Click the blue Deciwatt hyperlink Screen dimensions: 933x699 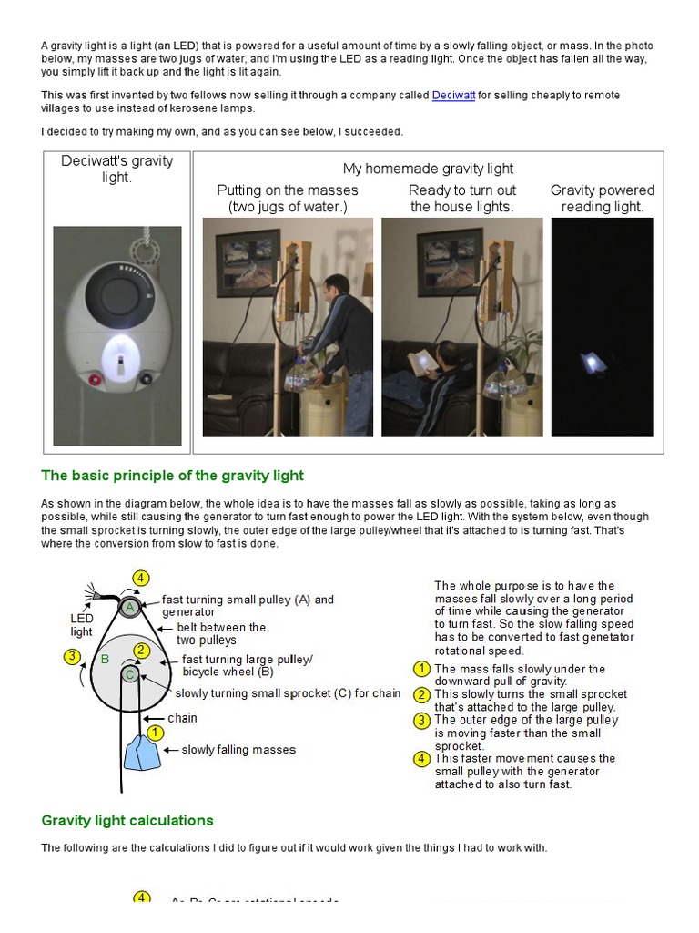453,96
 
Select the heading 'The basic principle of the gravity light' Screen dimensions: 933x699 172,476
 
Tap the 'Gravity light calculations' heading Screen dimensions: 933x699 127,820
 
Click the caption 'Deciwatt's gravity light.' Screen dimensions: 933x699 116,169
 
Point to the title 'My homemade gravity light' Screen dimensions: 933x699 428,169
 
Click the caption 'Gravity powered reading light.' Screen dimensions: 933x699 603,199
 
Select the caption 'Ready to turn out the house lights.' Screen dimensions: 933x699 462,199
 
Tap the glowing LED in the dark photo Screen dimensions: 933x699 594,362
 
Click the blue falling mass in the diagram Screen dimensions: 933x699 140,754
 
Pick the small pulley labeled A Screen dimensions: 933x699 130,608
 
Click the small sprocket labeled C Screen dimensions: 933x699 130,674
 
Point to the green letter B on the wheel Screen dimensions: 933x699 105,659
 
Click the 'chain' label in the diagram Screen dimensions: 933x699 182,718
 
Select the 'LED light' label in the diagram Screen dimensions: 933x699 82,625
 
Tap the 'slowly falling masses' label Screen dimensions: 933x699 238,750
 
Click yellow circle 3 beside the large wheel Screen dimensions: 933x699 70,655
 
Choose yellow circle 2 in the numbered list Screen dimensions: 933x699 421,694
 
